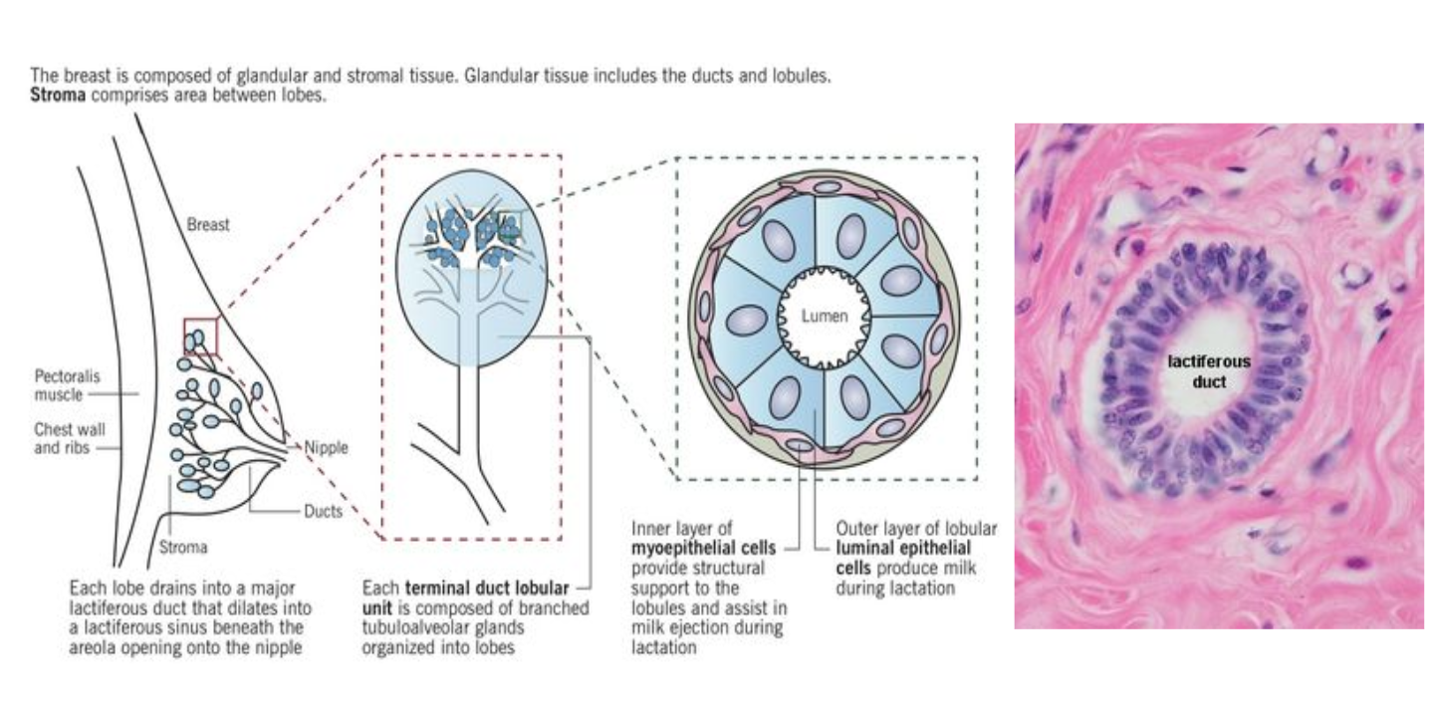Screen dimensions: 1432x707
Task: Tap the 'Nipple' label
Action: click(327, 448)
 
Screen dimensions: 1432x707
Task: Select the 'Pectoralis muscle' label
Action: click(59, 386)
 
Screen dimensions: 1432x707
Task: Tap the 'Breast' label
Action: click(208, 225)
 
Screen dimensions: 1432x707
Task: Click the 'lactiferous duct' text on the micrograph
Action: click(1209, 371)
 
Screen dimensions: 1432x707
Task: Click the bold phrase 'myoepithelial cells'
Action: click(704, 548)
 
